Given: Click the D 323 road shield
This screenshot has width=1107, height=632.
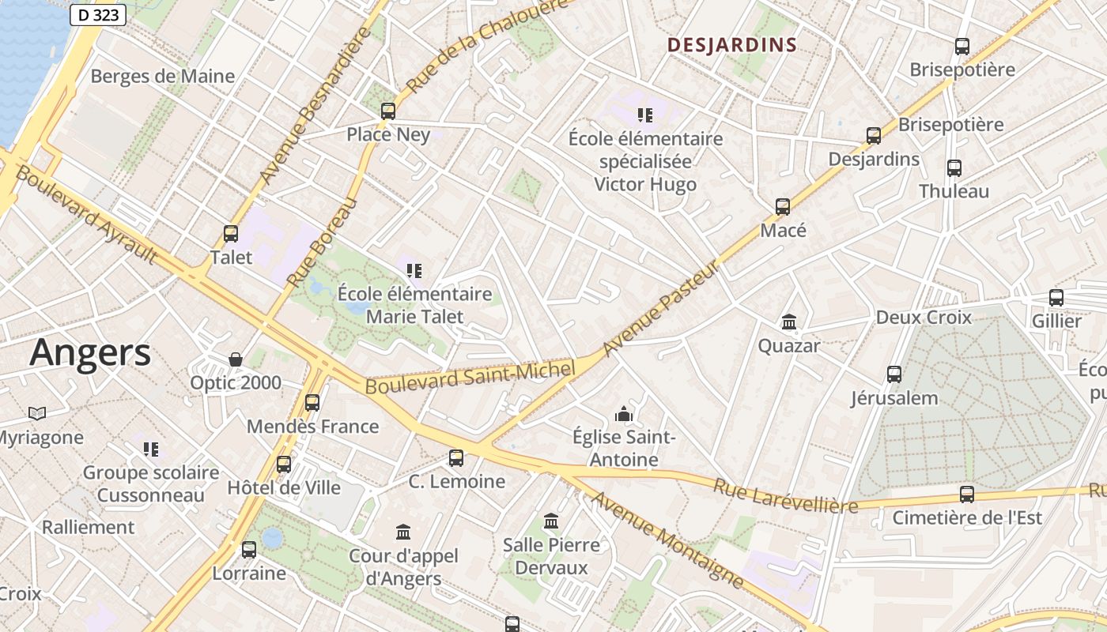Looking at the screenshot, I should [98, 14].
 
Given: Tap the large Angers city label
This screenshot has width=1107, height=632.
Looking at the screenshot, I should [90, 352].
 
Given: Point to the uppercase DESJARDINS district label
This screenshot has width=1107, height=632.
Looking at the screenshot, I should [731, 45].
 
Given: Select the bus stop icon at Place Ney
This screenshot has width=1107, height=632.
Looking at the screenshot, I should [387, 111].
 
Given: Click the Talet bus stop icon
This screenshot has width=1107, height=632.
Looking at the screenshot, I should [231, 234].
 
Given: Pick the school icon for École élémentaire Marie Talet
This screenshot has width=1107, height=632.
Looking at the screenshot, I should [414, 271].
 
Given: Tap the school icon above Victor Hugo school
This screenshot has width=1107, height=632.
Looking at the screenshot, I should [645, 115].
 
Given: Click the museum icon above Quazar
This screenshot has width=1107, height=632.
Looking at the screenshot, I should [788, 322].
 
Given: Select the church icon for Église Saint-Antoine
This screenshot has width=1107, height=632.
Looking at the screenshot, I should [624, 414].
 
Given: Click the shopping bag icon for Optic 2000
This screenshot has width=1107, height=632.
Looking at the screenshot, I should [235, 360].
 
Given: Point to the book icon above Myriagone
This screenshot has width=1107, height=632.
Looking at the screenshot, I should [36, 413].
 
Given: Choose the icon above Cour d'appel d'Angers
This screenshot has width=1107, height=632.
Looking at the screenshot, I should [403, 532].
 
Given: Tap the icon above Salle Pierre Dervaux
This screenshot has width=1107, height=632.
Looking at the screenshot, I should [551, 521].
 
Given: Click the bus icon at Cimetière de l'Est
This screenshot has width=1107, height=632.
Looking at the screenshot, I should [966, 495].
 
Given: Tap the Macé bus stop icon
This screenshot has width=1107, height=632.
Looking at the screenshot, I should [782, 207].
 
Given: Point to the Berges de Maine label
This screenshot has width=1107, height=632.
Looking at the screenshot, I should [163, 76].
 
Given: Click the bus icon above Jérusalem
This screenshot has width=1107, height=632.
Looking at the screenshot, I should [894, 374].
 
